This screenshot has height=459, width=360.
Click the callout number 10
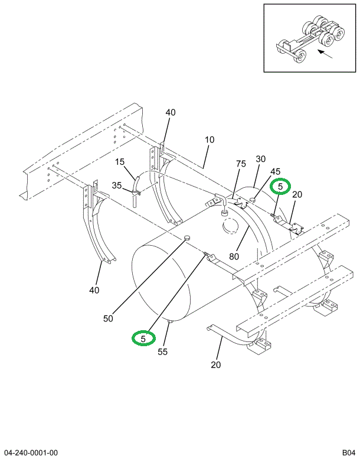tap(210, 140)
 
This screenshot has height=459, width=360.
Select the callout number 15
tap(120, 162)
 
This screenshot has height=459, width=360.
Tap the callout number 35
tap(117, 185)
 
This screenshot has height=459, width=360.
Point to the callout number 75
tap(241, 164)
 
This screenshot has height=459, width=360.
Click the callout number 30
tap(261, 159)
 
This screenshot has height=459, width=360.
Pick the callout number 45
tap(275, 172)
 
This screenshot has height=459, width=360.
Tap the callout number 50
tap(108, 318)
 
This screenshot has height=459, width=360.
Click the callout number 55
tap(162, 351)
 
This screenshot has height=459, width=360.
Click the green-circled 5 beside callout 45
tap(280, 187)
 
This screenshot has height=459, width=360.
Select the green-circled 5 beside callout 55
tap(143, 338)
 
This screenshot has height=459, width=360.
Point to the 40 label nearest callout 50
tap(94, 289)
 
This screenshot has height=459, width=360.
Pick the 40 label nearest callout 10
tap(170, 113)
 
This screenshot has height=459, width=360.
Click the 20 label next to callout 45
tap(297, 195)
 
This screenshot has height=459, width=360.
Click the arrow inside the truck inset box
tap(324, 56)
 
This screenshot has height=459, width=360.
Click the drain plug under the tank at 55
tap(170, 321)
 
